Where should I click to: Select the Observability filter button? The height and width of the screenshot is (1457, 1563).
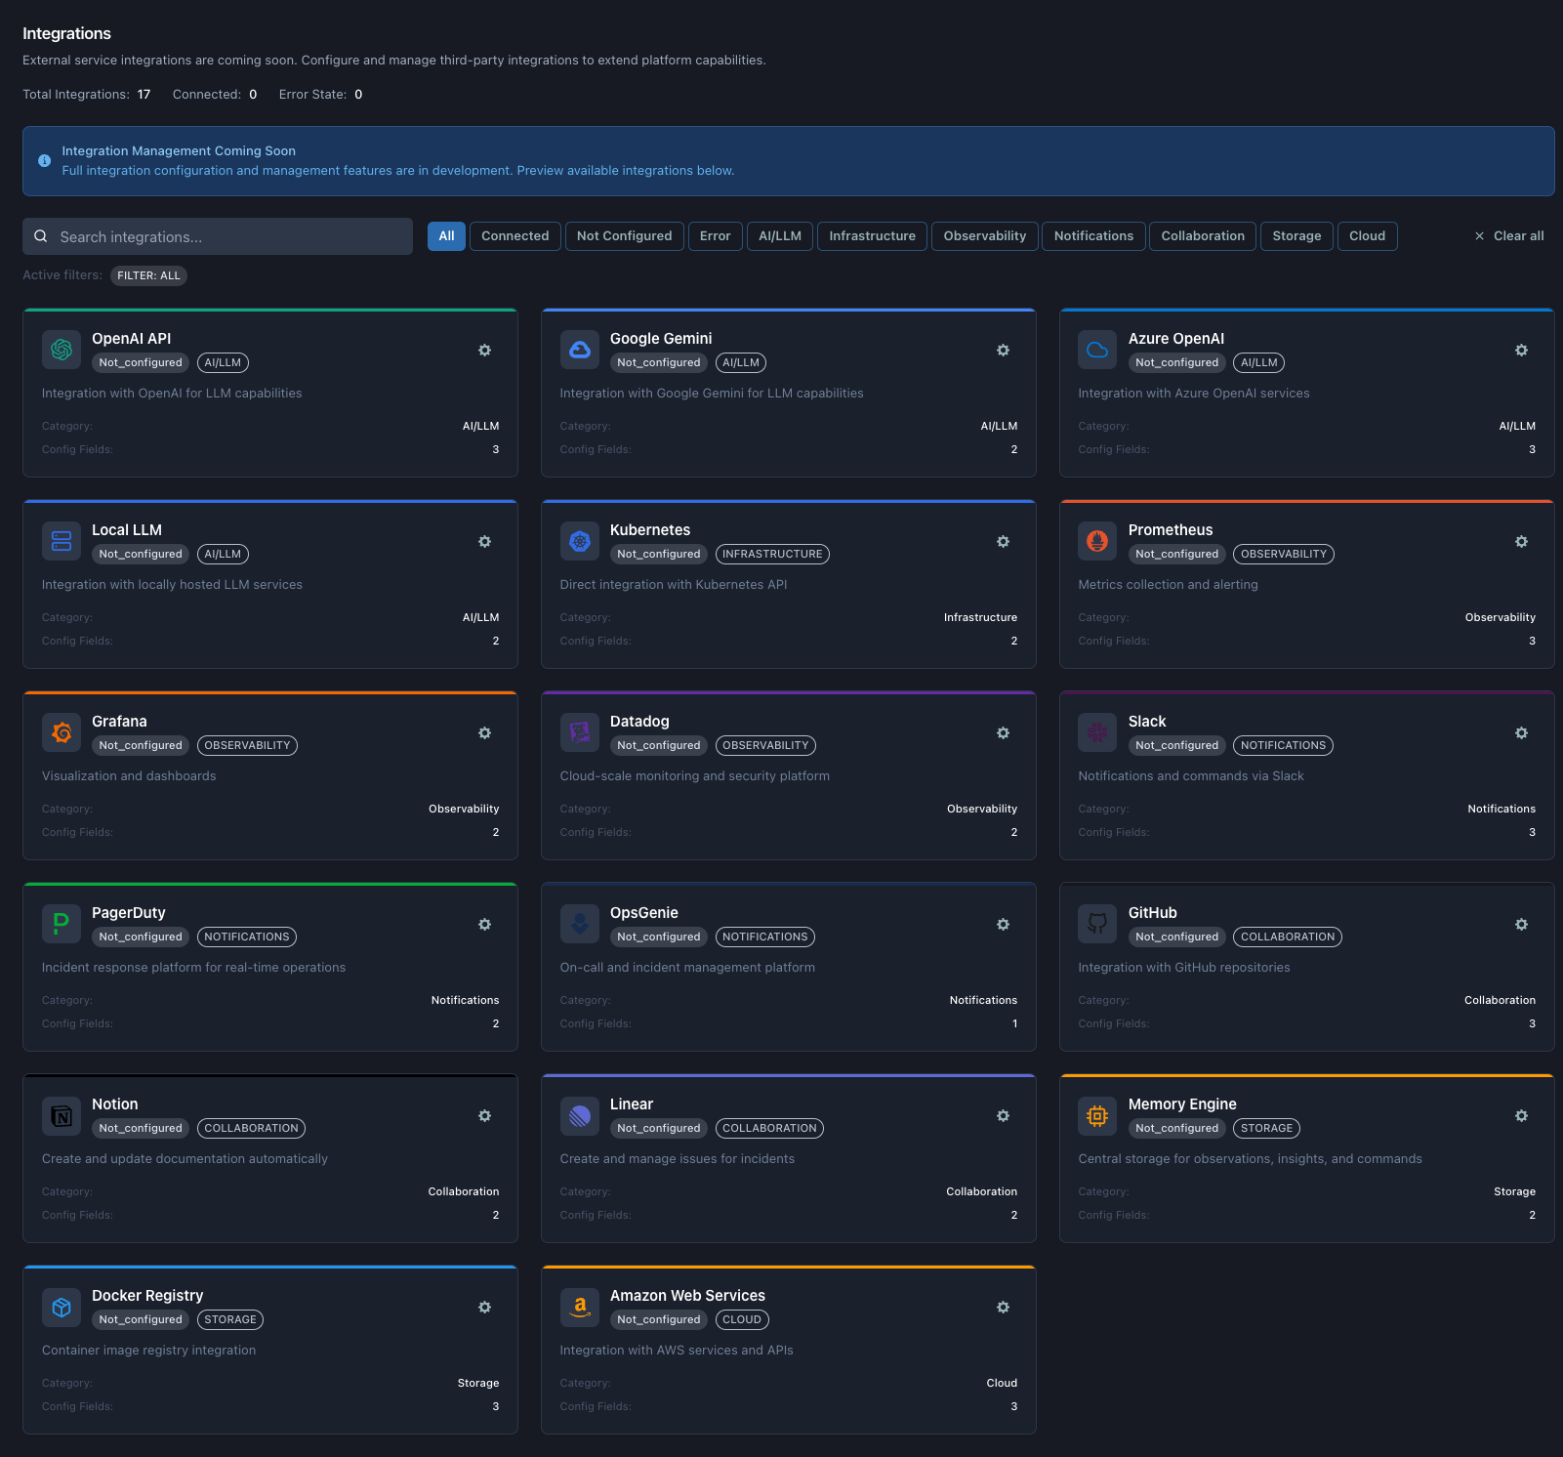tap(984, 236)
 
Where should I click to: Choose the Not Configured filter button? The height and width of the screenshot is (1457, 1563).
tap(624, 236)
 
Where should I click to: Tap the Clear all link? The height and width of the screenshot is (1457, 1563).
tap(1509, 236)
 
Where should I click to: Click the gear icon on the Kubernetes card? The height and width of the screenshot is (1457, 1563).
tap(1003, 542)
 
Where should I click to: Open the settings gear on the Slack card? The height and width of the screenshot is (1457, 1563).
tap(1521, 733)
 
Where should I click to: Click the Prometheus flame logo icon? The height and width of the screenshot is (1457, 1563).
tap(1097, 541)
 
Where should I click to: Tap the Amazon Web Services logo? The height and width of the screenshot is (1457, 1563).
tap(580, 1307)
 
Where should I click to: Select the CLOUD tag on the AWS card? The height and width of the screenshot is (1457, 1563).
tap(742, 1319)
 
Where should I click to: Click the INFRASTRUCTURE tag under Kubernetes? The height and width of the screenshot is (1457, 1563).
tap(772, 554)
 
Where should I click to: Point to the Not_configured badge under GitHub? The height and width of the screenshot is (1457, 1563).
tap(1176, 937)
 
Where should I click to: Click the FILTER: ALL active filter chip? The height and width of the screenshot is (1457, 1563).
tap(148, 275)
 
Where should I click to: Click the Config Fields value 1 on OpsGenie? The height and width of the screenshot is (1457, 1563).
tap(1014, 1023)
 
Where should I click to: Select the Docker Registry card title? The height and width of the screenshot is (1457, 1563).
tap(147, 1296)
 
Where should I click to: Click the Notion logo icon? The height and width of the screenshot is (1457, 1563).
tap(62, 1115)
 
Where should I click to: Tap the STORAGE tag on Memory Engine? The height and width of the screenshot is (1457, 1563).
tap(1266, 1128)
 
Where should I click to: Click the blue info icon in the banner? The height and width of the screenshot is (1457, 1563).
tap(45, 161)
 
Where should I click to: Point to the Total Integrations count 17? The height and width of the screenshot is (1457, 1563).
tap(144, 95)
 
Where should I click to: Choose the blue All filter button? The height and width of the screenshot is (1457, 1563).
tap(446, 236)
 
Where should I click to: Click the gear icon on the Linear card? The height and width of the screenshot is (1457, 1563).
tap(1003, 1116)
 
